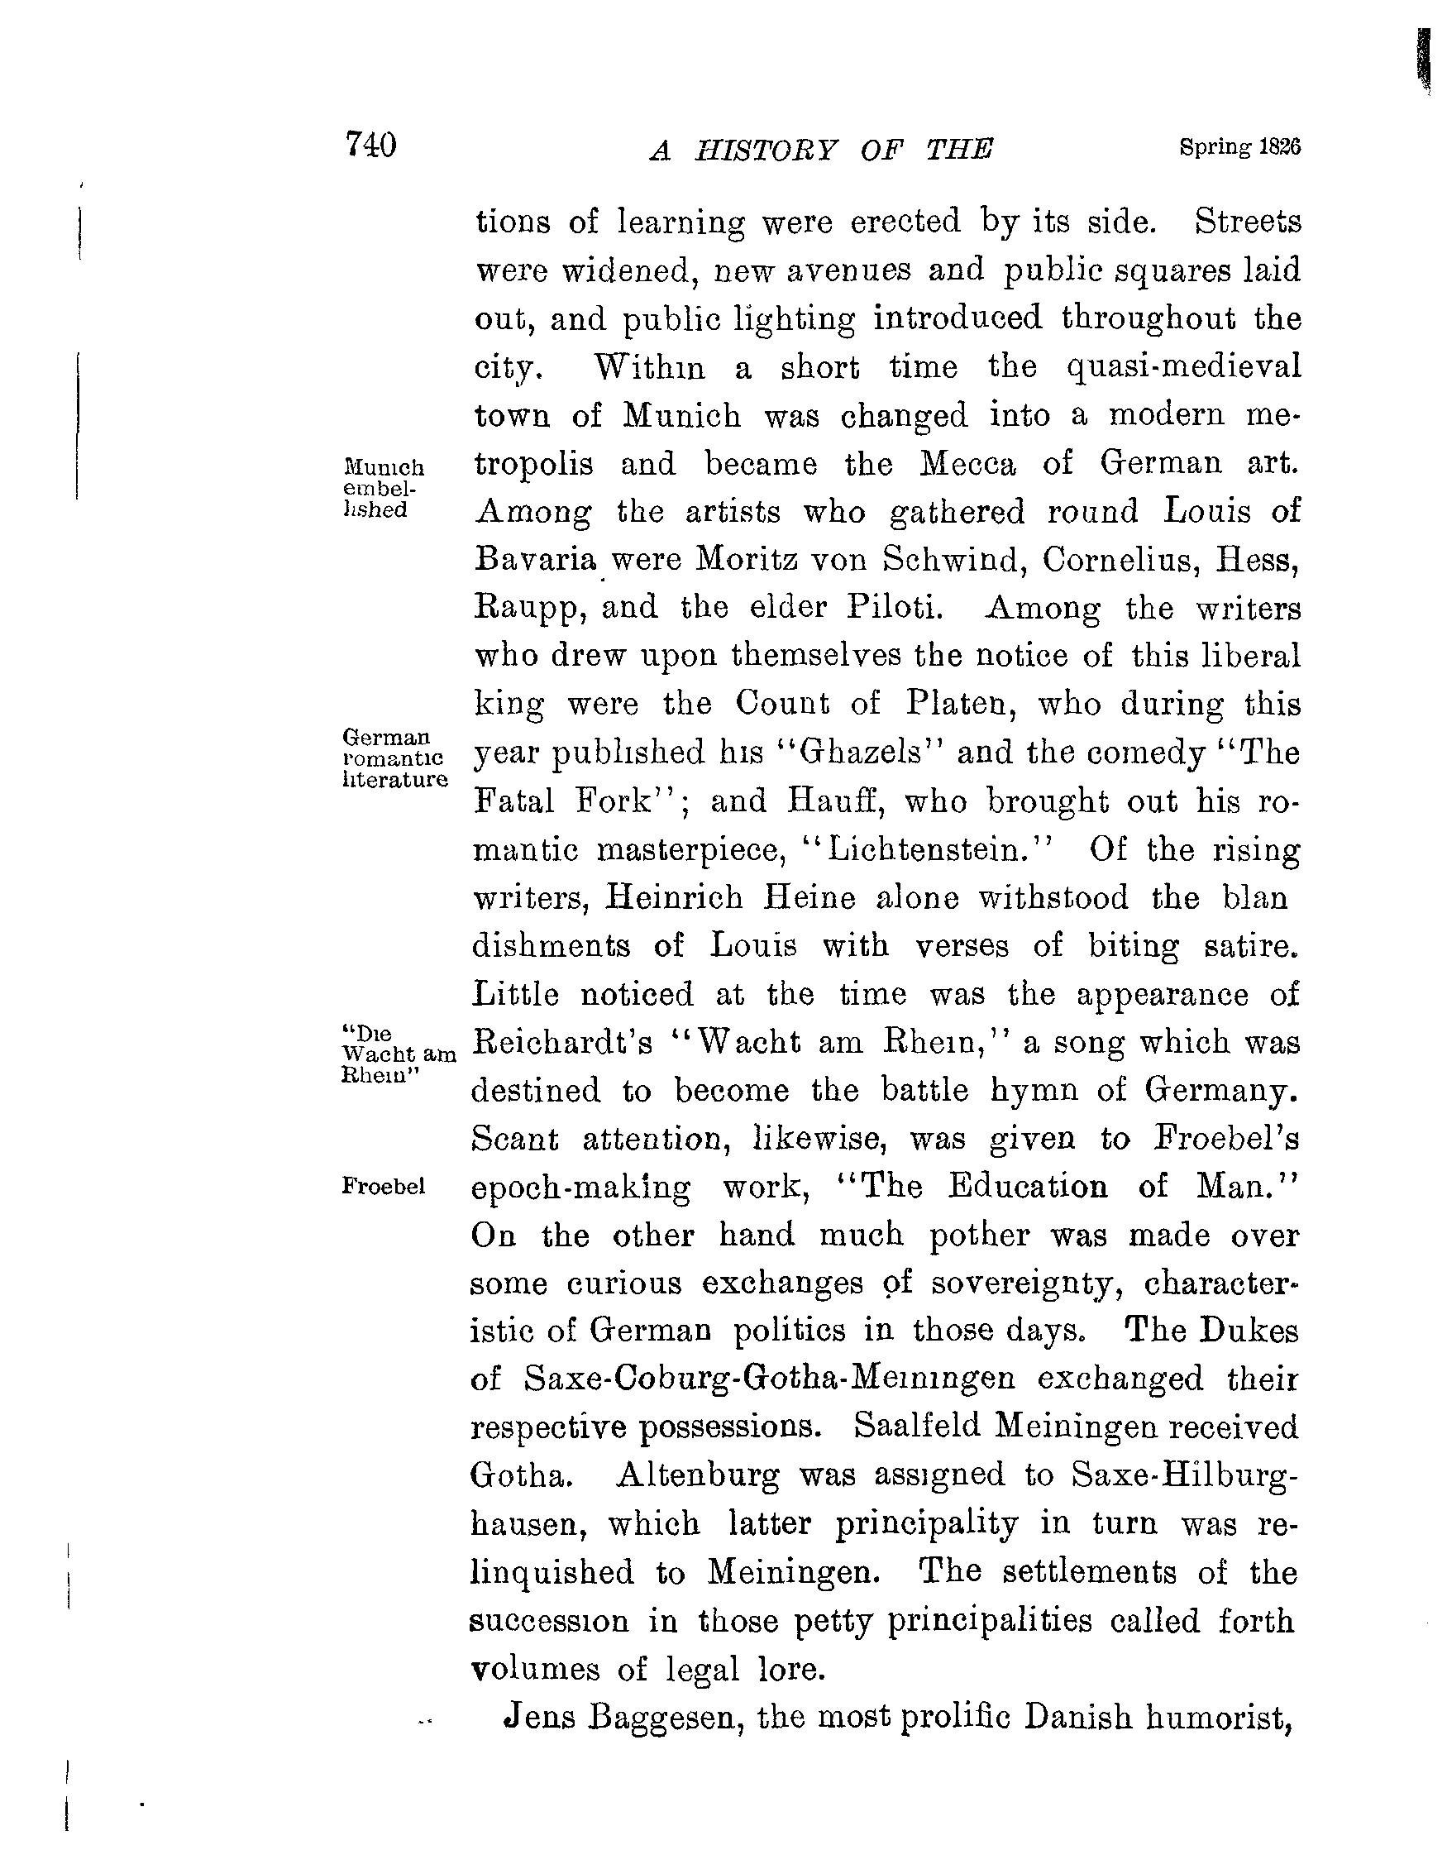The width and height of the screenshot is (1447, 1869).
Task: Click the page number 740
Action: click(x=370, y=145)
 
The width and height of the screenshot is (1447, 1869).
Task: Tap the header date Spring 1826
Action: click(x=1239, y=147)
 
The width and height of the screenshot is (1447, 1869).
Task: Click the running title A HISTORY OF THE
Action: click(x=820, y=151)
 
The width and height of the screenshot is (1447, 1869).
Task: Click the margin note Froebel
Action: click(x=384, y=1186)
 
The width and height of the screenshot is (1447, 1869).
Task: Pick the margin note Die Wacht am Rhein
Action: click(x=396, y=1054)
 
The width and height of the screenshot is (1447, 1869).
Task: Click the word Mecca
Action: click(x=967, y=464)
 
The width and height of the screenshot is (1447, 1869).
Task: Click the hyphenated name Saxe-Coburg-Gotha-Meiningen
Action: click(x=769, y=1379)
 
